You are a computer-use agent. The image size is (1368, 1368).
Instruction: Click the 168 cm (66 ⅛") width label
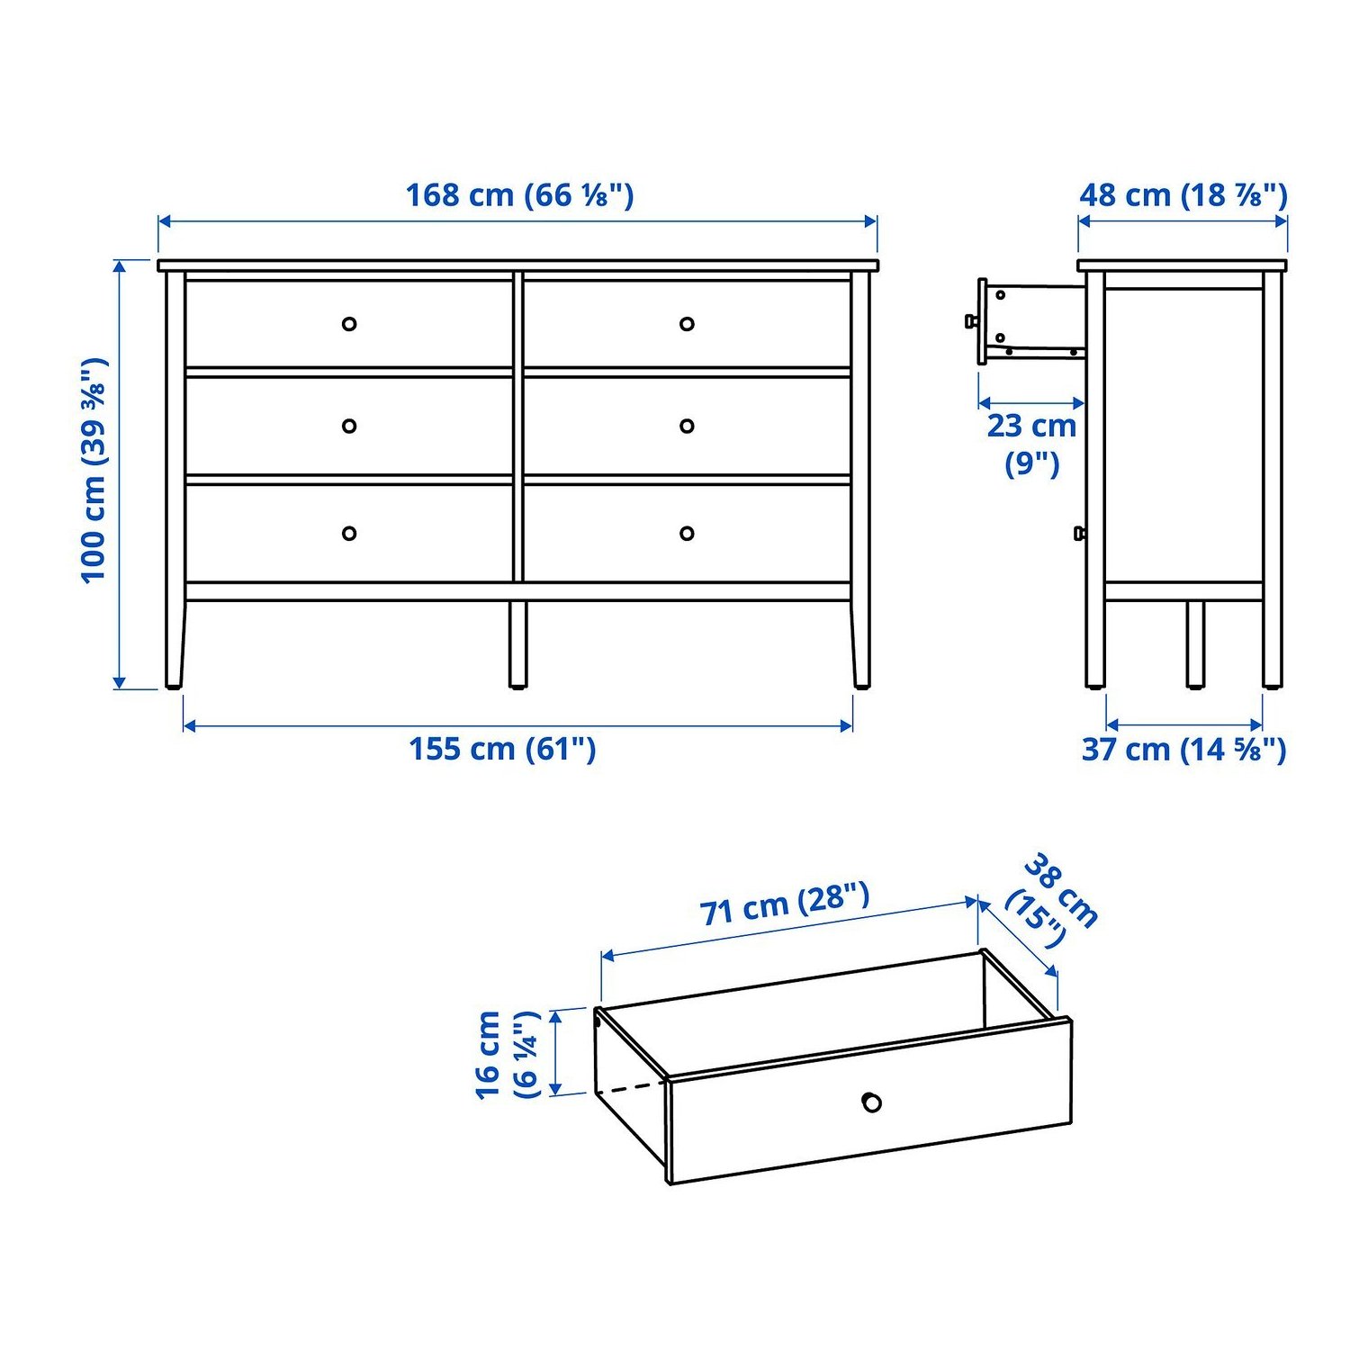pyautogui.click(x=519, y=195)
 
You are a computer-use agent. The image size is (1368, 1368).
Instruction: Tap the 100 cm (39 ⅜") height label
pyautogui.click(x=94, y=470)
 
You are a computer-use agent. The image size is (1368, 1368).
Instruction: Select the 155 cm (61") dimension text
pyautogui.click(x=502, y=749)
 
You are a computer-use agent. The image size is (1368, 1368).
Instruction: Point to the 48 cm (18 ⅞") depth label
pyautogui.click(x=1183, y=195)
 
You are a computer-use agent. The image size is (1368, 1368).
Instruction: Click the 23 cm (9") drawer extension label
pyautogui.click(x=1031, y=445)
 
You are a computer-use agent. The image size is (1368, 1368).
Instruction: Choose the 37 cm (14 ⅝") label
pyautogui.click(x=1183, y=749)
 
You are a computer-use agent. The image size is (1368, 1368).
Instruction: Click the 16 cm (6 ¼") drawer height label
pyautogui.click(x=508, y=1054)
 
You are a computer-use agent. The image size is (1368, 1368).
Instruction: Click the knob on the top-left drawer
pyautogui.click(x=349, y=324)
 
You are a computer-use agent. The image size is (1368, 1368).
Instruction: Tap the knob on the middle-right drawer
pyautogui.click(x=687, y=426)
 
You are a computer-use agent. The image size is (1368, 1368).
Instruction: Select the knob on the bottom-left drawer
pyautogui.click(x=349, y=534)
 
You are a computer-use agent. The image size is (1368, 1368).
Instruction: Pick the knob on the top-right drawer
pyautogui.click(x=687, y=324)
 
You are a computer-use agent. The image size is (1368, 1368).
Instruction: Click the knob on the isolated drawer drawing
pyautogui.click(x=871, y=1102)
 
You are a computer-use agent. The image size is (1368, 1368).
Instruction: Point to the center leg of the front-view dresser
pyautogui.click(x=517, y=644)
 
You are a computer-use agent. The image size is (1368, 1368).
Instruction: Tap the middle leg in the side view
pyautogui.click(x=1195, y=644)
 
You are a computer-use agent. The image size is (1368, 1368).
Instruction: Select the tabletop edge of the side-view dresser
pyautogui.click(x=1182, y=265)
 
